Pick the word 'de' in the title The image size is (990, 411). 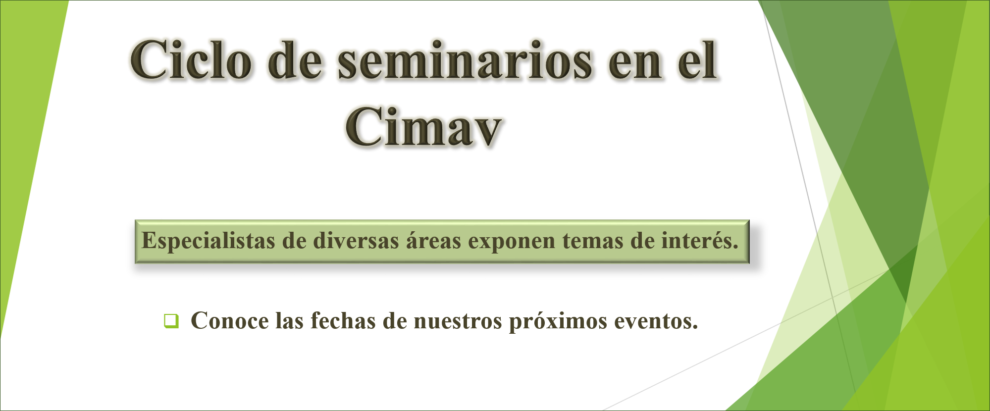295,60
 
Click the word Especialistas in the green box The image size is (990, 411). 208,241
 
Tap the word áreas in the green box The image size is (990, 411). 433,241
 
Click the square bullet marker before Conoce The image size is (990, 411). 171,321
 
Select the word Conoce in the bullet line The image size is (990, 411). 230,321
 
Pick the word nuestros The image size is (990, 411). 458,322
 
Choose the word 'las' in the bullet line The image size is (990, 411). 290,320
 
